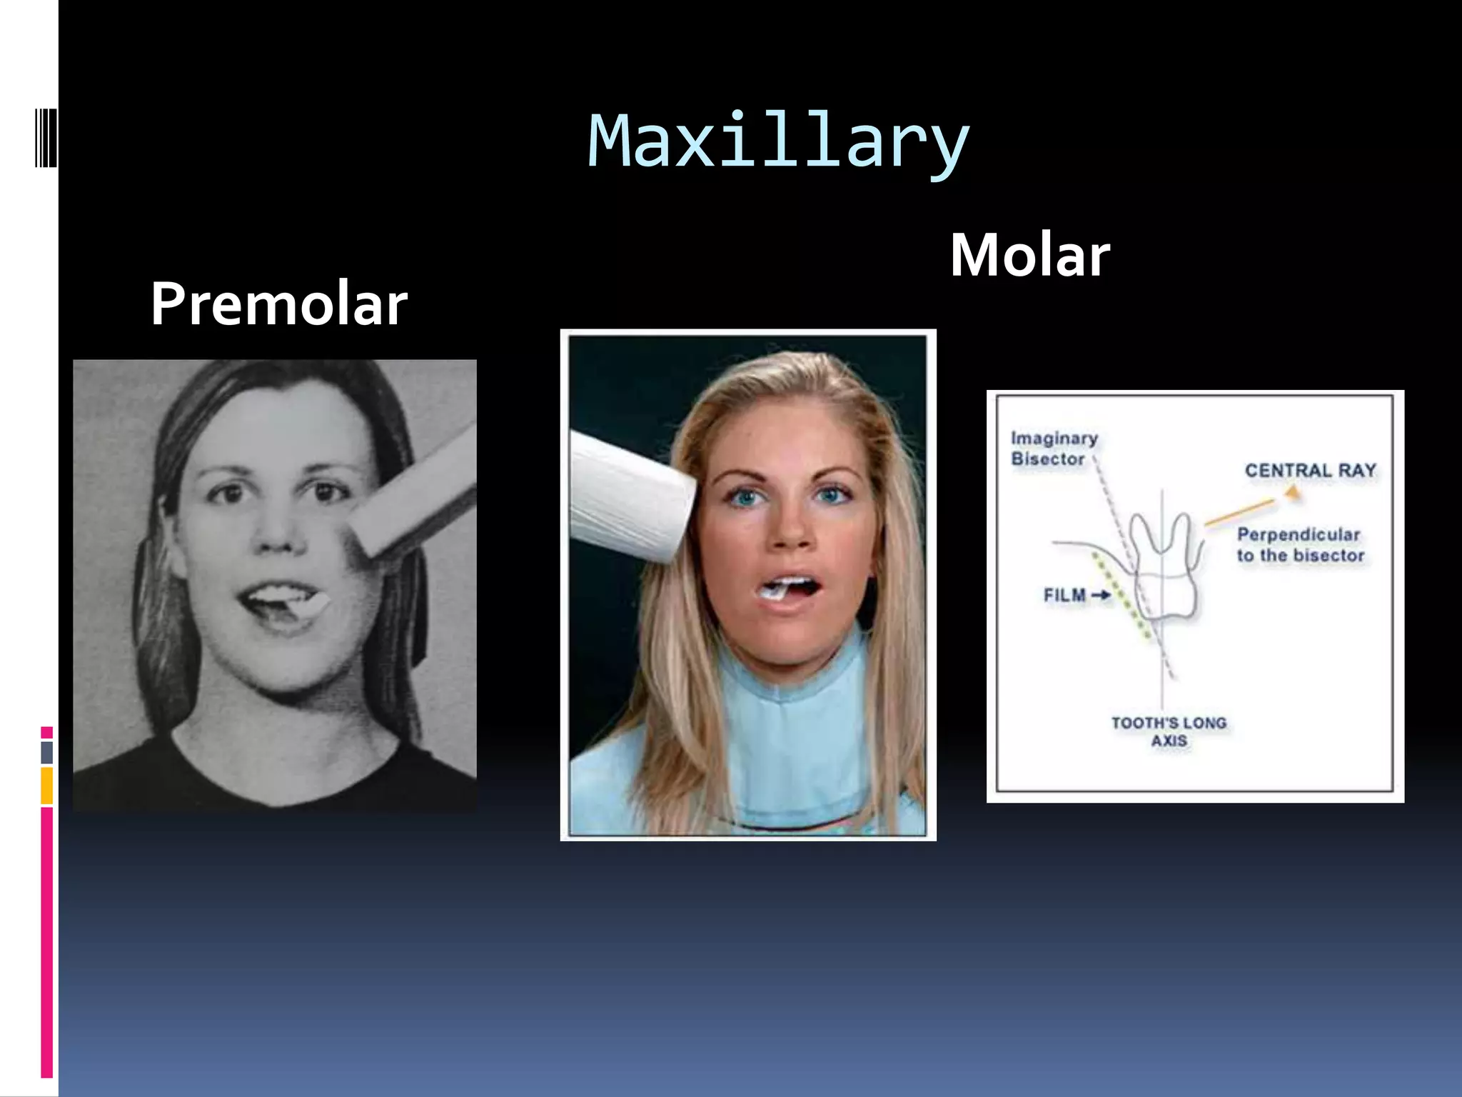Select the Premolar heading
click(278, 304)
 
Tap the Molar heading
click(1029, 255)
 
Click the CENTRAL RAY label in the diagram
click(1310, 471)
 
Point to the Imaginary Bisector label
click(1054, 449)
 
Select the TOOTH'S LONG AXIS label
click(1169, 731)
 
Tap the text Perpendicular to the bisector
click(1299, 545)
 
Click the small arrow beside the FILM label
click(1101, 595)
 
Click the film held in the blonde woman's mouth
click(775, 590)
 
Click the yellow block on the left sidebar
click(47, 785)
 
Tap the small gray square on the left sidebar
click(47, 752)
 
